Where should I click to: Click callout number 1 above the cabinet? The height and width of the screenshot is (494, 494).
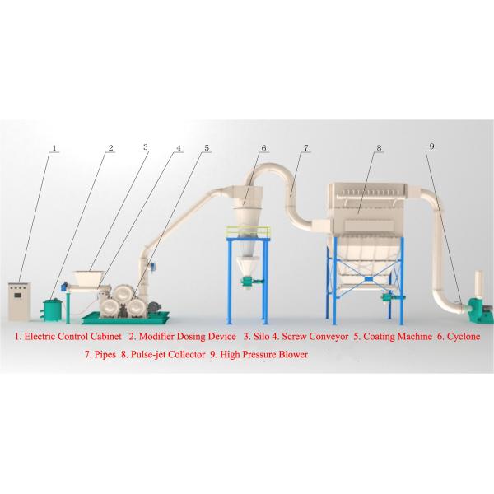coord(54,148)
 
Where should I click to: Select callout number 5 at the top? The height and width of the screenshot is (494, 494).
coord(207,148)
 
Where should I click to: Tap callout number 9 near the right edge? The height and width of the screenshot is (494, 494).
coord(432,147)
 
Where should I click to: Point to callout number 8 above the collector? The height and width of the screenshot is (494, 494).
coord(379,147)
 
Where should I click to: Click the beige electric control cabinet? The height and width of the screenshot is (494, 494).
coord(20,301)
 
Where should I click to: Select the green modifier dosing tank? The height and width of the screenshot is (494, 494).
coord(53,310)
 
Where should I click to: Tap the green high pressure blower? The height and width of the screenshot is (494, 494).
coord(479,310)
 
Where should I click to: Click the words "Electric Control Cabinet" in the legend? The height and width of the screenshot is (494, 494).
coord(72,337)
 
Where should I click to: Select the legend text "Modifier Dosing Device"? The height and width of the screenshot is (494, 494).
coord(188,337)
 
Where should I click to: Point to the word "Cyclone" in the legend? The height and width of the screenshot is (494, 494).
coord(464,337)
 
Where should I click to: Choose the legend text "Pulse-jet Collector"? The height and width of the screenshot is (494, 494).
coord(168,354)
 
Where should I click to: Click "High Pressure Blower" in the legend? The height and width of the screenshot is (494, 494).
coord(263,354)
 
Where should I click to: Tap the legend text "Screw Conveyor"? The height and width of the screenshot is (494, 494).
coord(315,337)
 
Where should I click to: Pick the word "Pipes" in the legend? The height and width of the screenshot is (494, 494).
coord(105,355)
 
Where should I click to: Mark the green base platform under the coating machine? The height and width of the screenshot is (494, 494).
coord(125,318)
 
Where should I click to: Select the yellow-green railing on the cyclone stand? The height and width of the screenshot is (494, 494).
coord(249,231)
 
